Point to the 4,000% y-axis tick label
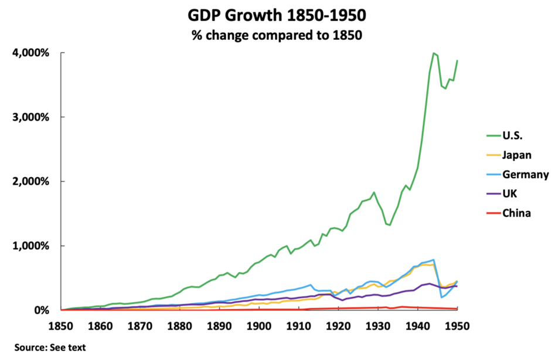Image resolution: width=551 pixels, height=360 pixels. click(30, 53)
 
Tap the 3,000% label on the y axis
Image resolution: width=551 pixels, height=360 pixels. click(30, 117)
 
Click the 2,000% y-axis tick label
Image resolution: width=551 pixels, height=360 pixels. click(30, 182)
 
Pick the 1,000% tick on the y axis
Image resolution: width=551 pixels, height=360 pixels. click(30, 246)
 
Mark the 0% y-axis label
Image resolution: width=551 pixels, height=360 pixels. click(40, 310)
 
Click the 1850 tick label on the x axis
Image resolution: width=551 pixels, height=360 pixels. click(61, 324)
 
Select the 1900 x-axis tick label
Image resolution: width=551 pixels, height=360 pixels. click(259, 324)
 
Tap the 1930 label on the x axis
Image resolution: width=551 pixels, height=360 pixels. click(378, 324)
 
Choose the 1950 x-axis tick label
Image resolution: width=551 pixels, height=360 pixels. click(457, 324)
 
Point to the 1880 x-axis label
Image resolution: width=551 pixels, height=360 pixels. click(179, 324)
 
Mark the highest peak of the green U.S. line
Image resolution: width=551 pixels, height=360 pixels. click(433, 53)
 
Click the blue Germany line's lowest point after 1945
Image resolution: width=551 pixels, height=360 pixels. click(441, 297)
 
